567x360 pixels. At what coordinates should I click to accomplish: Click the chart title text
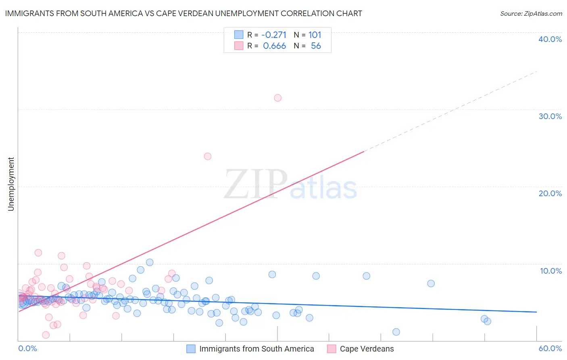coord(183,13)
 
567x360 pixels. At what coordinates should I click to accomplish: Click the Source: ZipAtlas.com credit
coord(531,13)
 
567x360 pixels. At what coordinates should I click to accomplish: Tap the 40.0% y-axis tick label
coord(550,39)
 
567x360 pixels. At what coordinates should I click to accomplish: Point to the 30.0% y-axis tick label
coord(550,116)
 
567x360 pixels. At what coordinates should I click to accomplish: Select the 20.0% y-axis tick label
coord(550,193)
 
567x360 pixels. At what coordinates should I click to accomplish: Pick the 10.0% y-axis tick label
coord(551,271)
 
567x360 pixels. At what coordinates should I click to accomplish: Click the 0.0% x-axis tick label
coord(28,348)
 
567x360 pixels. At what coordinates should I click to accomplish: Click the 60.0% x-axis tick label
coord(550,348)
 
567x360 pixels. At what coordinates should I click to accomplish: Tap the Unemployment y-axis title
coord(11,184)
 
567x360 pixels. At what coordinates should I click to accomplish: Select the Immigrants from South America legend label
coord(256,349)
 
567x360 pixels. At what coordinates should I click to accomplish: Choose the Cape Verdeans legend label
coord(367,349)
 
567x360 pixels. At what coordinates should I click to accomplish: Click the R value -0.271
coord(274,35)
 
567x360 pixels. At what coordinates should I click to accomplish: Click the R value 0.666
coord(274,46)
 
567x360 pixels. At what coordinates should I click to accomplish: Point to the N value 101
coord(315,35)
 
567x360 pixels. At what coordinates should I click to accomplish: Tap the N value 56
coord(316,46)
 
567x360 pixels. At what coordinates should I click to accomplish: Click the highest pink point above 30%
coord(277,98)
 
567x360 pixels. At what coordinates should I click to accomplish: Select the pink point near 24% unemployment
coord(208,156)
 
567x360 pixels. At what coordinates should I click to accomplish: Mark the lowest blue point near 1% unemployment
coord(396,332)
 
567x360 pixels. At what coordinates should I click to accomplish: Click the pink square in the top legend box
coord(239,46)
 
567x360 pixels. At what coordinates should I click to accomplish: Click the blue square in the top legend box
coord(239,35)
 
